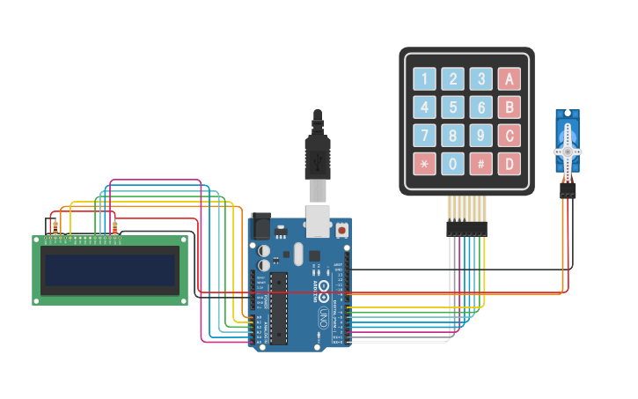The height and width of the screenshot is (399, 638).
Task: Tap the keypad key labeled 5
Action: click(x=452, y=107)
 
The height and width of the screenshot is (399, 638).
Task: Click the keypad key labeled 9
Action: click(x=480, y=136)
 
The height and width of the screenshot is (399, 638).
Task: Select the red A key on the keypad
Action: click(x=509, y=79)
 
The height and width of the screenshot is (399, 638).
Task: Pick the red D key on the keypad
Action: click(x=509, y=164)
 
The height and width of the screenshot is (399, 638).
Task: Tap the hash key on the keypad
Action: click(x=480, y=164)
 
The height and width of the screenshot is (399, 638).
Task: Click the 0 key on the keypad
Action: click(x=452, y=164)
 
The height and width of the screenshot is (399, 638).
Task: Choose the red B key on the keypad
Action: click(x=509, y=107)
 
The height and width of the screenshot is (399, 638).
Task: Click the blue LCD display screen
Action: click(x=110, y=270)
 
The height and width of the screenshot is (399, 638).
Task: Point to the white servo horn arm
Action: click(x=568, y=150)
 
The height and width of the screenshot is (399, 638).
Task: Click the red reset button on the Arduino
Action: click(x=341, y=231)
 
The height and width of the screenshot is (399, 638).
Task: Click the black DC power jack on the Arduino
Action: click(x=260, y=227)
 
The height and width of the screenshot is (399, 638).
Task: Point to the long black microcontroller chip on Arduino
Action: click(x=278, y=307)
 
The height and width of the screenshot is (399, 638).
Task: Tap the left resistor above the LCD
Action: click(x=55, y=227)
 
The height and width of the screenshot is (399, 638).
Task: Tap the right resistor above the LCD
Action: click(x=115, y=227)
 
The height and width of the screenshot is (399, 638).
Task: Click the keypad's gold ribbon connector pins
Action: click(x=466, y=209)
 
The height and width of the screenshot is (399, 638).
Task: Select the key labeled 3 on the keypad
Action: click(x=480, y=79)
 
